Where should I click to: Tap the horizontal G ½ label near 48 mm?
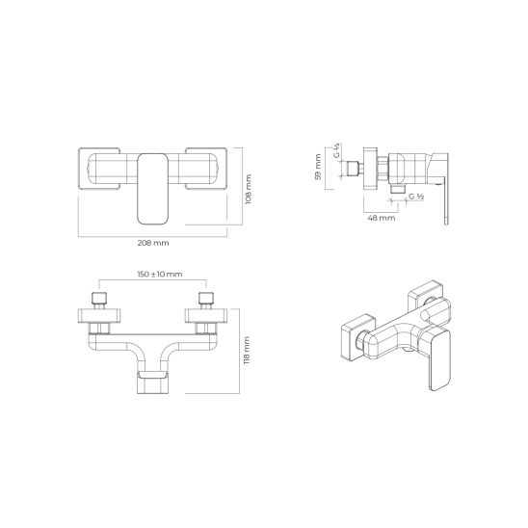[x=417, y=197]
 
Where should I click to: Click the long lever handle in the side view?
[x=445, y=198]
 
